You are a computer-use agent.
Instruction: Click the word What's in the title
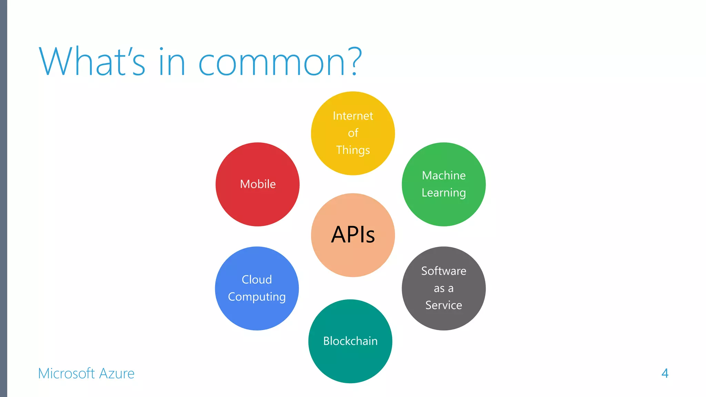click(x=92, y=62)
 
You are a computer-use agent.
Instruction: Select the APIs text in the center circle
click(x=353, y=235)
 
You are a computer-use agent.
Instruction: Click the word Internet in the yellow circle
click(x=353, y=116)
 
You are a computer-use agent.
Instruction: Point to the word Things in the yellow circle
click(x=353, y=150)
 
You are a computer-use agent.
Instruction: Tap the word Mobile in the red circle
click(x=258, y=184)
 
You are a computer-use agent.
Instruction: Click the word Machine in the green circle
click(x=444, y=175)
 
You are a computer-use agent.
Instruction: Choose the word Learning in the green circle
click(x=444, y=193)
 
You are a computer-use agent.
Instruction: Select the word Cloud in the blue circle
click(x=257, y=279)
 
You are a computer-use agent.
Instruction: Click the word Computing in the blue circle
click(x=257, y=297)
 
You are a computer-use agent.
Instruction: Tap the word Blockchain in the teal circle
click(x=350, y=341)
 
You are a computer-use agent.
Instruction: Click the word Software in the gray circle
click(x=444, y=271)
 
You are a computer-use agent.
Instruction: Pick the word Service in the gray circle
click(x=444, y=305)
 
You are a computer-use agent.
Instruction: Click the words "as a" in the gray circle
click(x=444, y=288)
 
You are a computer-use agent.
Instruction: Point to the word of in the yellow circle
click(x=353, y=133)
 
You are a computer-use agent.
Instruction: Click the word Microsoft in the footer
click(x=66, y=374)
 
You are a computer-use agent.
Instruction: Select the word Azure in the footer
click(x=117, y=374)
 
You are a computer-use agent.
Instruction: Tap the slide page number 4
click(x=665, y=373)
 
